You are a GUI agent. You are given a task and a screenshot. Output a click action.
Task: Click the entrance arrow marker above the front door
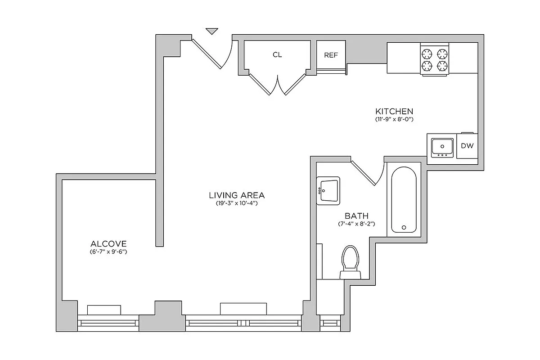tap(211, 31)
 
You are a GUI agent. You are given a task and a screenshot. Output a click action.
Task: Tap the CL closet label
tap(277, 55)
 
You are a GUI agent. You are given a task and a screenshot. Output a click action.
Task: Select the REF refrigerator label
tap(331, 55)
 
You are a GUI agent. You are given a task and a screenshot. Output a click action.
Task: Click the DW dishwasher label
tap(467, 146)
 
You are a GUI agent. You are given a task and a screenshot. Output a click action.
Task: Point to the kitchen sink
tap(441, 146)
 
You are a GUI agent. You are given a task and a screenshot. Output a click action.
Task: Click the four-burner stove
tap(435, 60)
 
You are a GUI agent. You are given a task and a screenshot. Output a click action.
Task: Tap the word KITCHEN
tap(394, 111)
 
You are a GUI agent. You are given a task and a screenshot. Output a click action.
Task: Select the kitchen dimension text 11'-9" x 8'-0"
tap(394, 120)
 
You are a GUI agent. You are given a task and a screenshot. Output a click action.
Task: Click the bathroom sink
tap(328, 190)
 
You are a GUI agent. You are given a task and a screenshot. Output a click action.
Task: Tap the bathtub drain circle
tap(404, 227)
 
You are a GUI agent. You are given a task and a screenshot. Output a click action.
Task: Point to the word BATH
tap(356, 216)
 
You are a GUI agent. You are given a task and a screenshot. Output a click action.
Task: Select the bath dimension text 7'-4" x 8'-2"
tap(356, 224)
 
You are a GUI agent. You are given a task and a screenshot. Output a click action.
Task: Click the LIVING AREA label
tap(237, 195)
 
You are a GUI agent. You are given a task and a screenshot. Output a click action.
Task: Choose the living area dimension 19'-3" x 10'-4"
tap(237, 203)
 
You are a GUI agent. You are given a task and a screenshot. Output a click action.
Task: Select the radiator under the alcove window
tap(104, 310)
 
